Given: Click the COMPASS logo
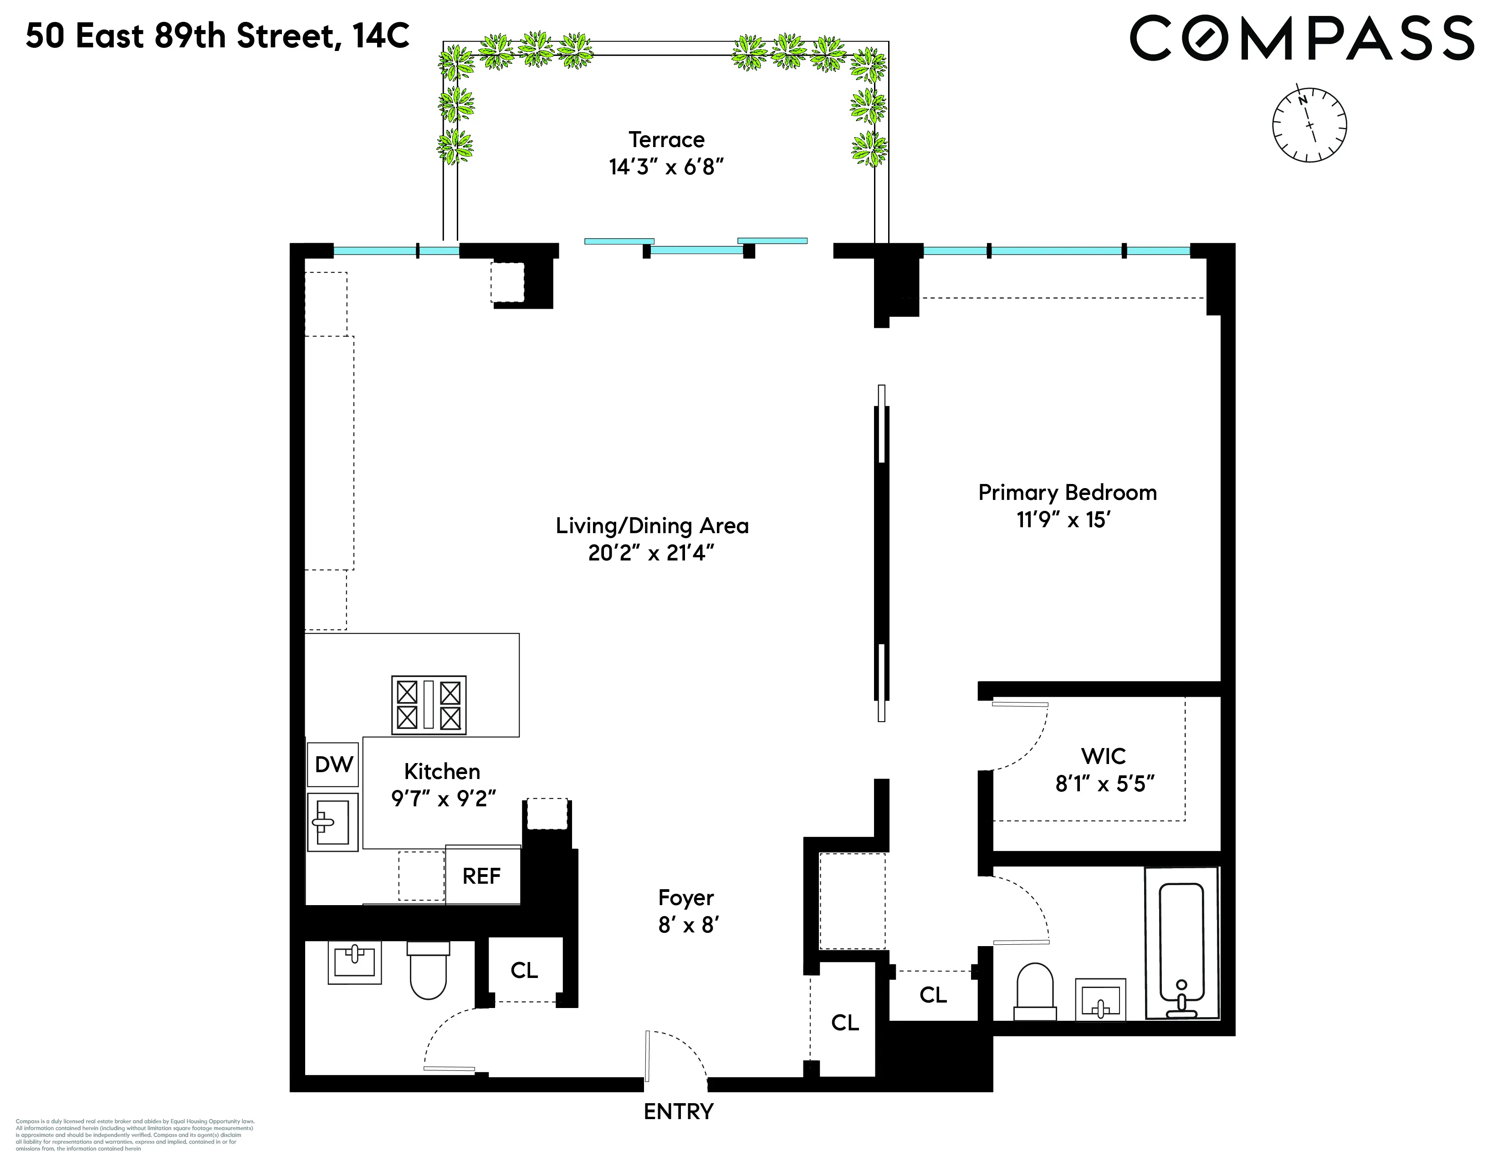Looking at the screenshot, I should click(x=1301, y=39).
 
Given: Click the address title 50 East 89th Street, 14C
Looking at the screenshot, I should click(x=217, y=36).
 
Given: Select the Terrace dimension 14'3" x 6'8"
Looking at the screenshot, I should click(x=666, y=167).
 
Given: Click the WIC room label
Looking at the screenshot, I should click(x=1103, y=756).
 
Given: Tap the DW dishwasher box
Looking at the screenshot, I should click(x=333, y=764).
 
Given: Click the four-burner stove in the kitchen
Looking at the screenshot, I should click(x=429, y=705).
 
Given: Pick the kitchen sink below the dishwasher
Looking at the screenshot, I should click(x=332, y=822).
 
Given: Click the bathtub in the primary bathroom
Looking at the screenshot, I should click(x=1181, y=942).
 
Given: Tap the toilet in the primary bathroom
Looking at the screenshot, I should click(x=1035, y=992).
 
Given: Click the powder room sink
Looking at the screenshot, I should click(x=354, y=962).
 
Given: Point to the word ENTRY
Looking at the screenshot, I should click(x=679, y=1111).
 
